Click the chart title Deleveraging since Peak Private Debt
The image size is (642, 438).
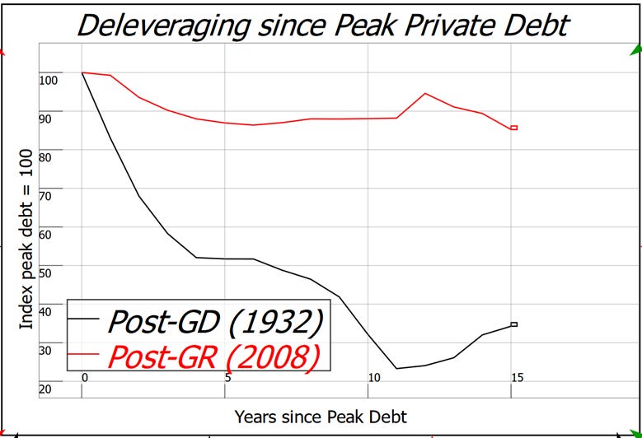point(321,24)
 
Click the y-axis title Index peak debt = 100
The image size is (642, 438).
point(26,239)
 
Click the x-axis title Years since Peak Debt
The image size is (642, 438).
point(321,416)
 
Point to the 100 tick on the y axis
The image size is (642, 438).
point(49,80)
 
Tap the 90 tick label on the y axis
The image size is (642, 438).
point(45,119)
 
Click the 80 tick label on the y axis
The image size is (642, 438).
point(45,157)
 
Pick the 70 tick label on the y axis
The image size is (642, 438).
point(45,196)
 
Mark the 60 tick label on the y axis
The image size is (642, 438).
point(45,235)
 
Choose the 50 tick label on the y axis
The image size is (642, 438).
point(45,273)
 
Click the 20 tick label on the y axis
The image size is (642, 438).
point(45,389)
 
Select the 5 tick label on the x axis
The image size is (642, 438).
point(227,377)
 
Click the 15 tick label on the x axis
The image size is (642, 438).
point(516,377)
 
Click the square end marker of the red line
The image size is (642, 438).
point(513,128)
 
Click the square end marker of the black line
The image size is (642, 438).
point(513,324)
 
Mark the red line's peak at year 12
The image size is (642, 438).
point(425,93)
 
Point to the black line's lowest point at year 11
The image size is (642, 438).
point(396,368)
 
